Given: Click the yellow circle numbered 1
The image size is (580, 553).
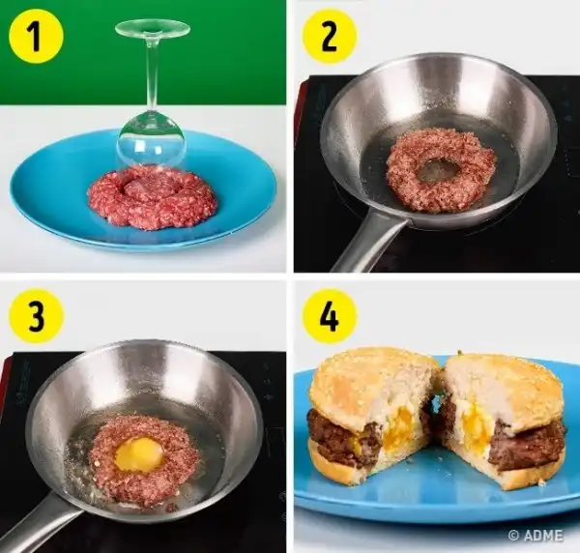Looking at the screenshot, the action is pyautogui.click(x=37, y=36).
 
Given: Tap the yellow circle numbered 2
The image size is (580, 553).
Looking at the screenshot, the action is pyautogui.click(x=330, y=36).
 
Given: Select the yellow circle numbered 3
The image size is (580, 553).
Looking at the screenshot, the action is pyautogui.click(x=37, y=316).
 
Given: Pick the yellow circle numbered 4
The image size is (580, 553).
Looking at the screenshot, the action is pyautogui.click(x=330, y=316).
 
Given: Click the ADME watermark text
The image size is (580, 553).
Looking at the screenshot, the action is pyautogui.click(x=536, y=536).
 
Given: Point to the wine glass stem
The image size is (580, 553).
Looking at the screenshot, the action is pyautogui.click(x=152, y=74).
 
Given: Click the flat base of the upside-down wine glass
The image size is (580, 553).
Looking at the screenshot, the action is pyautogui.click(x=153, y=28).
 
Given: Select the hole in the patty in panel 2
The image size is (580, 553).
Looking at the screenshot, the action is pyautogui.click(x=435, y=170).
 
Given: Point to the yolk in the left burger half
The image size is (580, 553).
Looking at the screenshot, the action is pyautogui.click(x=398, y=425).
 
